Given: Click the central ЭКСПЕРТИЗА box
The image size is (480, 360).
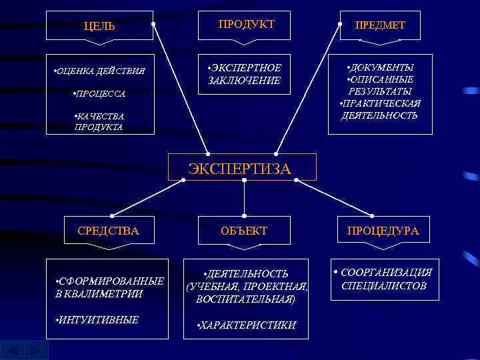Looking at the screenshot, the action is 240,169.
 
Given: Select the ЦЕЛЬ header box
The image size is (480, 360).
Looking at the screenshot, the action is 100,26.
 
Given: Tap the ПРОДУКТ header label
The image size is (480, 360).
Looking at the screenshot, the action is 246,24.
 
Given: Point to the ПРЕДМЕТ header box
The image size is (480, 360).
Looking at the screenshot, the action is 379,25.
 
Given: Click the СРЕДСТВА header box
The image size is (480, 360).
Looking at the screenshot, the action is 109,231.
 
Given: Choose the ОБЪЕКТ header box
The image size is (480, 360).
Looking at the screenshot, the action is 244,231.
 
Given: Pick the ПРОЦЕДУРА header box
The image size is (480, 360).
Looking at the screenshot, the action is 383,231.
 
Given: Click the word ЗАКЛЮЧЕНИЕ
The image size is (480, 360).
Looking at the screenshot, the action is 244,81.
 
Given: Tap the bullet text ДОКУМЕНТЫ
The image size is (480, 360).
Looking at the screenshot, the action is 382,68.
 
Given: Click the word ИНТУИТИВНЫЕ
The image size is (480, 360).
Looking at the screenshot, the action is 99,320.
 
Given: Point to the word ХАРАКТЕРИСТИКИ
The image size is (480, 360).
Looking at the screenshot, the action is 249,325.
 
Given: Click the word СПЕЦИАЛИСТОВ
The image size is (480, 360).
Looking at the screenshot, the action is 383,286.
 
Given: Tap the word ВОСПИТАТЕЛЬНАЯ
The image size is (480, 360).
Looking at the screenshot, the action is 245,299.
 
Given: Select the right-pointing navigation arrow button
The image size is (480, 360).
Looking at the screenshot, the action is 37,351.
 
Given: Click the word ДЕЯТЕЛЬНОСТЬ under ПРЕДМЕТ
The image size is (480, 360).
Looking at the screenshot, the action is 379,115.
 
